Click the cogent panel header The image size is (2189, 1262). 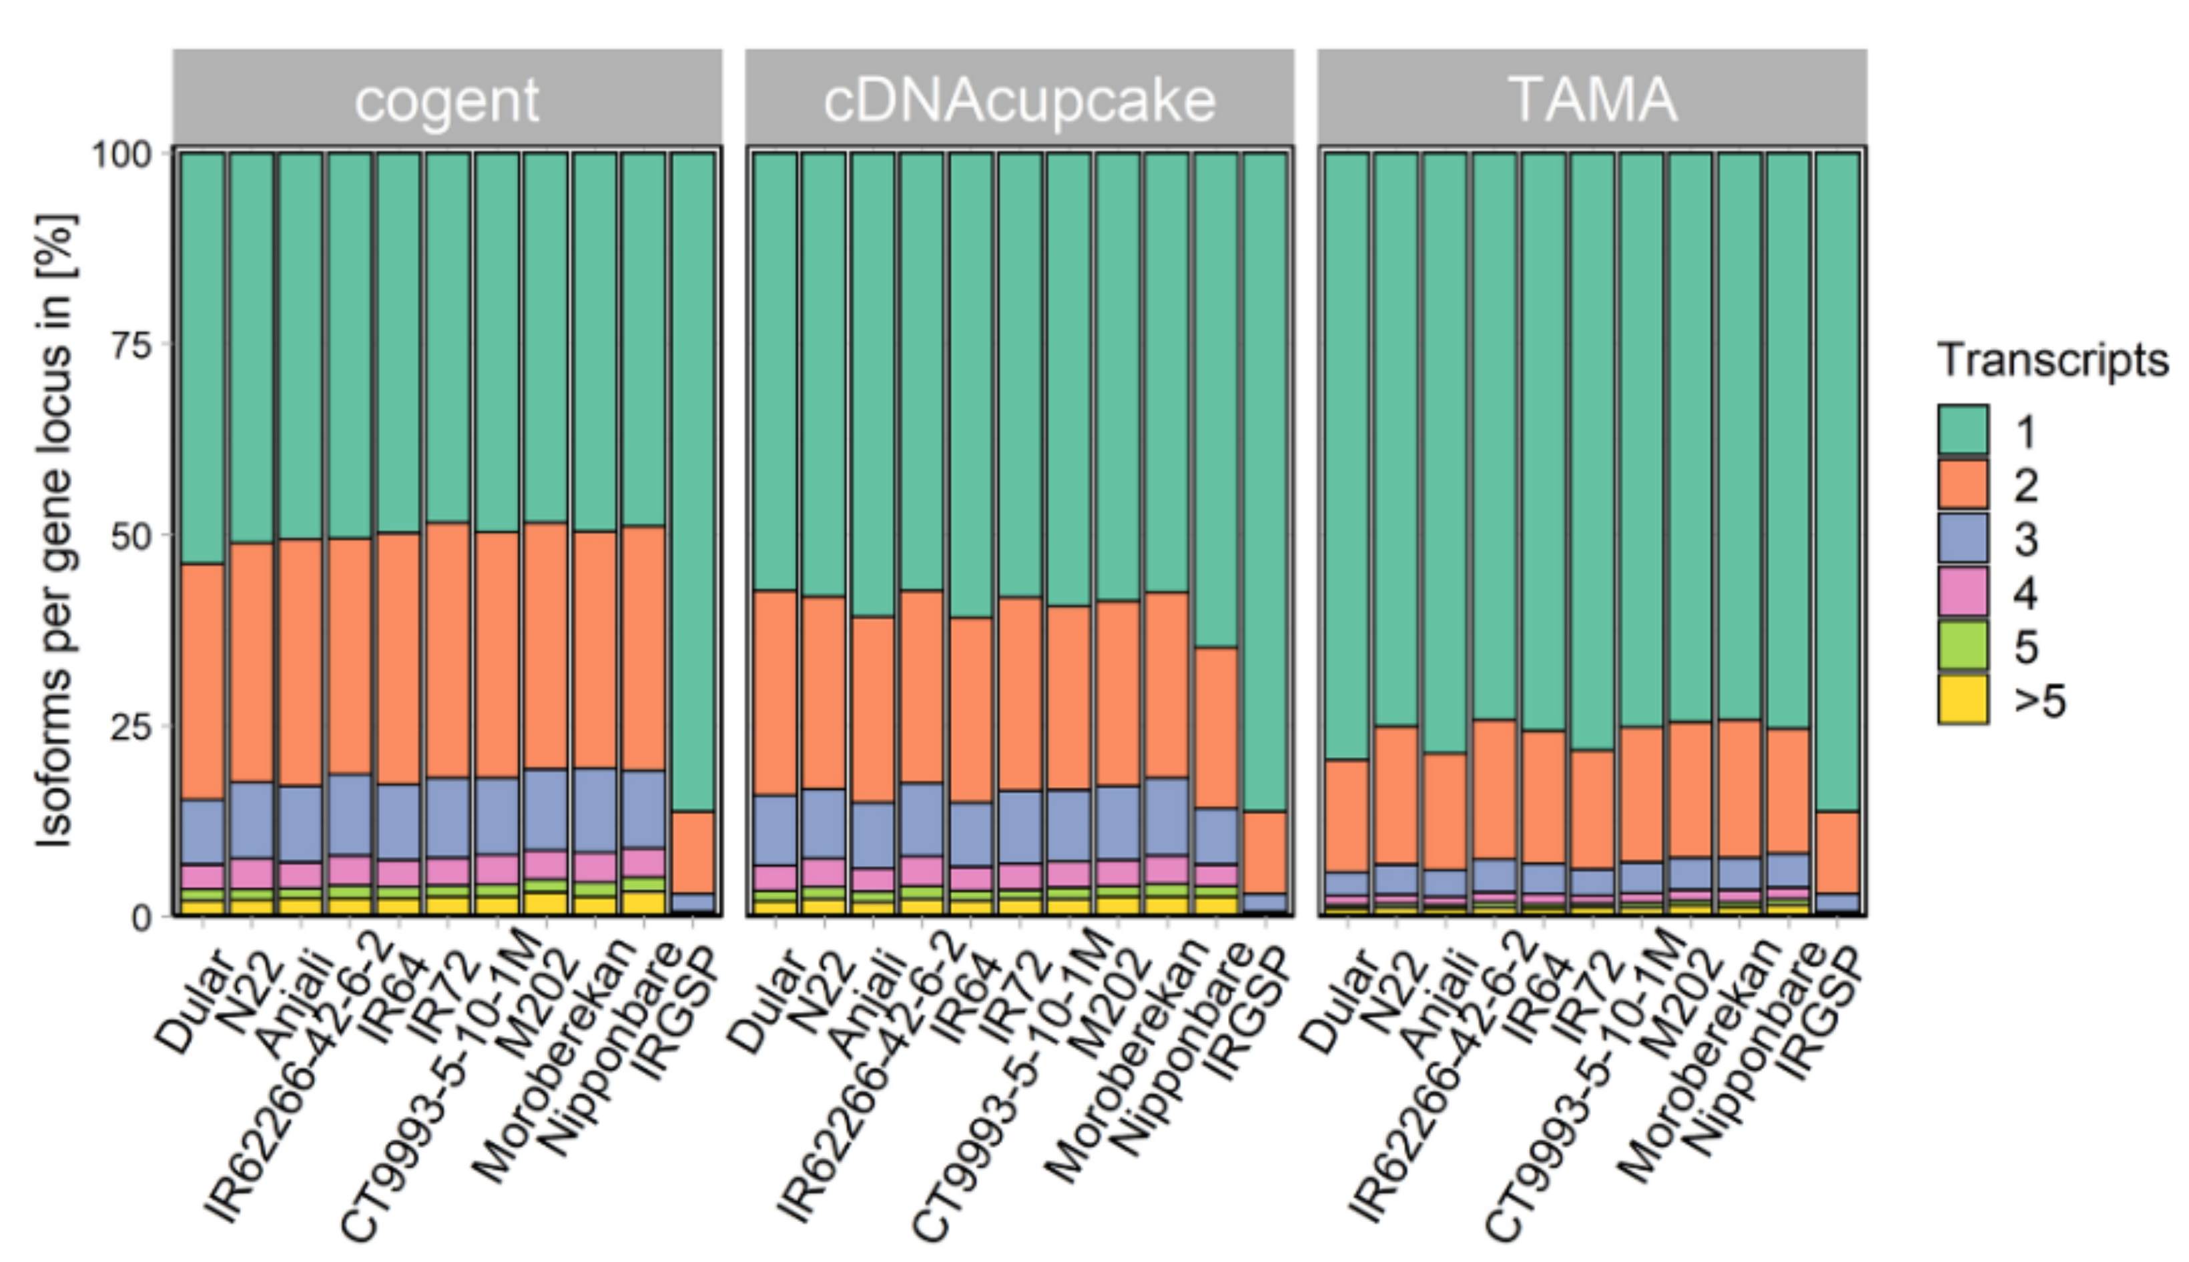(x=447, y=97)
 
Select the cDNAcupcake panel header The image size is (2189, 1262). (x=1020, y=97)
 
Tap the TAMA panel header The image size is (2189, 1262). (x=1592, y=97)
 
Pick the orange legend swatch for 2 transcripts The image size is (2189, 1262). (x=1963, y=484)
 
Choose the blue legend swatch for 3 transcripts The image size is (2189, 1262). (x=1963, y=538)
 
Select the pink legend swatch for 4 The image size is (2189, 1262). (x=1963, y=592)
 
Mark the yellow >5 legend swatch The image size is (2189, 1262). (x=1963, y=700)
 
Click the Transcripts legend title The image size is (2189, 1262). (x=2053, y=360)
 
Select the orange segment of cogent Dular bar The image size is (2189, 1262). (x=203, y=682)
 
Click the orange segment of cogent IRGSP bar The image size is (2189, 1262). (x=693, y=853)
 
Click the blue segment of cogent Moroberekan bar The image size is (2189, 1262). (x=595, y=810)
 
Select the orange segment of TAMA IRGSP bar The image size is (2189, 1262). (x=1838, y=853)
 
